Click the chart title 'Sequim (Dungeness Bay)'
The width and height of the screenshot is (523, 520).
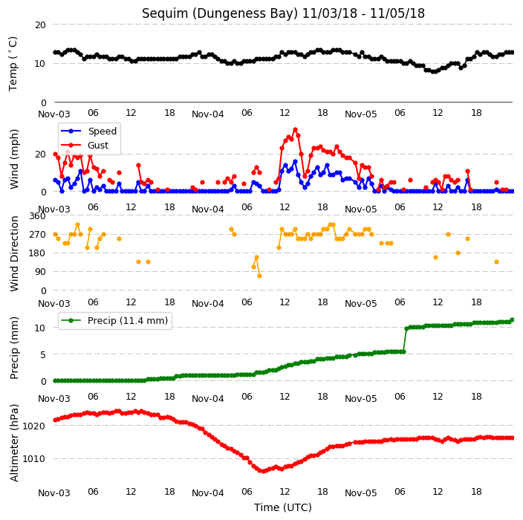coord(220,13)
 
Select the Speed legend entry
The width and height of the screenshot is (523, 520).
coord(89,131)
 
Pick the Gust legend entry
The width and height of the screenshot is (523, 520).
coord(85,146)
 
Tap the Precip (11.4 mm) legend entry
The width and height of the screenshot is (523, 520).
coord(114,320)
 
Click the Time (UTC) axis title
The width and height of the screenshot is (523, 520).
coord(283,507)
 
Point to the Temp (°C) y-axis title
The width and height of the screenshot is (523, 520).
coord(13,64)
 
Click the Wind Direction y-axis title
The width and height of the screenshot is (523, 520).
coord(14,253)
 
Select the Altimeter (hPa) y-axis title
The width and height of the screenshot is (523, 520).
coord(14,443)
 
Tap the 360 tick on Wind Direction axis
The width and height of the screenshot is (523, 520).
coord(37,216)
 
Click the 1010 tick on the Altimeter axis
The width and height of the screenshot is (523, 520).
coord(34,459)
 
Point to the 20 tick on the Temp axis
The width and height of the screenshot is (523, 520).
coord(40,25)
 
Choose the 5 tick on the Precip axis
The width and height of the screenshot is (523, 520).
coord(43,354)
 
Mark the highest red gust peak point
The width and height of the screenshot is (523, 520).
coord(295,130)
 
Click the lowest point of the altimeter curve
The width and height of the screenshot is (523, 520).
coord(263,471)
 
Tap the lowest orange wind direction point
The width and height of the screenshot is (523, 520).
coord(259,276)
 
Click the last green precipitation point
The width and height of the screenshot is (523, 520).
coord(513,320)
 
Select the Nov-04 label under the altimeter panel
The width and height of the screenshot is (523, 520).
coord(208,493)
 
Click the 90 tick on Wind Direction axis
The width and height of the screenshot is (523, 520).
coord(40,272)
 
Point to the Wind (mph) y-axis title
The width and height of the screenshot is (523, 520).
coord(14,160)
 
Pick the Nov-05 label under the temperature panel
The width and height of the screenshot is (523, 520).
coord(361,114)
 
